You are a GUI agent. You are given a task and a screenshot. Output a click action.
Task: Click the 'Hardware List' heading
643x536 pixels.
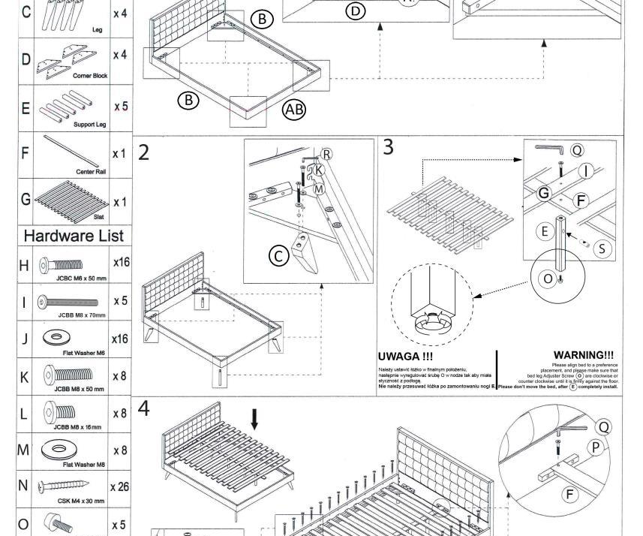74,236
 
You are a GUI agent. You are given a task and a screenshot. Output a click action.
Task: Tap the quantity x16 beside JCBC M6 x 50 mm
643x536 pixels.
121,262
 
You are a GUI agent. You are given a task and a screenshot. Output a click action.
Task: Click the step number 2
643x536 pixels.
144,152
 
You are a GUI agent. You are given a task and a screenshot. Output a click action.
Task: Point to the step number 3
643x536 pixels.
388,147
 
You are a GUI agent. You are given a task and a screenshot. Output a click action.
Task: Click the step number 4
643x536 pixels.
144,409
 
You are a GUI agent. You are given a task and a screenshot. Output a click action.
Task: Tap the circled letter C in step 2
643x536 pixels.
278,256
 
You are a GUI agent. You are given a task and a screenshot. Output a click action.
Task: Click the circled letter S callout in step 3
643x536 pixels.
602,248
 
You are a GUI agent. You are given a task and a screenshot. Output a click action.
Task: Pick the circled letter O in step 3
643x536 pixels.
548,279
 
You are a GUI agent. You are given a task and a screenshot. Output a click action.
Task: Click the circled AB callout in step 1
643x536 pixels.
294,110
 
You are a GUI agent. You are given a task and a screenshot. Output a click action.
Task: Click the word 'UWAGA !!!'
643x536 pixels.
406,356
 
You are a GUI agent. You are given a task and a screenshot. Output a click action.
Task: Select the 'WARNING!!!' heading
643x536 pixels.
583,355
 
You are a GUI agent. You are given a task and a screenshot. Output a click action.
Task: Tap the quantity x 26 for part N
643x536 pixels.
119,486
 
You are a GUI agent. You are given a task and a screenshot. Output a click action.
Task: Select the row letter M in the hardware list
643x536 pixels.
25,450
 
